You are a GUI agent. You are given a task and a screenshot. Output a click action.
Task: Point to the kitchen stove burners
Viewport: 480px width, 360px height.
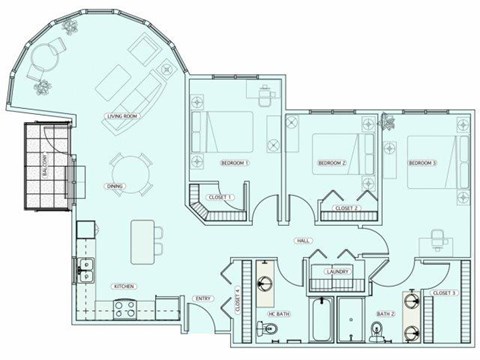126,308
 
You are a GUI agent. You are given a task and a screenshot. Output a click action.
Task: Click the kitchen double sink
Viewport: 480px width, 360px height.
86,268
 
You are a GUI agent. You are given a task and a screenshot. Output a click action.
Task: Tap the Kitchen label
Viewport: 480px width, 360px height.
124,286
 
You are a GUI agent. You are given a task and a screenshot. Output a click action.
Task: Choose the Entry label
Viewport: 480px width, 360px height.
202,297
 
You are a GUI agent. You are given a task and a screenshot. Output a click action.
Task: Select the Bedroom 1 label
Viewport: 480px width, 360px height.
234,161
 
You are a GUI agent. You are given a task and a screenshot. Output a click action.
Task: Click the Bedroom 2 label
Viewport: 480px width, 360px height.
331,162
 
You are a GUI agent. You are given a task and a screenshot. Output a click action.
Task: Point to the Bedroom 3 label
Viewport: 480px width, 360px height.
422,162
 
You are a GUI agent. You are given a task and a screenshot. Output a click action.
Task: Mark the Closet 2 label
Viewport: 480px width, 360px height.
345,207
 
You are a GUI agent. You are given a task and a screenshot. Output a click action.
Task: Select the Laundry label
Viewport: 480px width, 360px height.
337,270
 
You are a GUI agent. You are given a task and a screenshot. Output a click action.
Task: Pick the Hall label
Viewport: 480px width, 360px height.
302,242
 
